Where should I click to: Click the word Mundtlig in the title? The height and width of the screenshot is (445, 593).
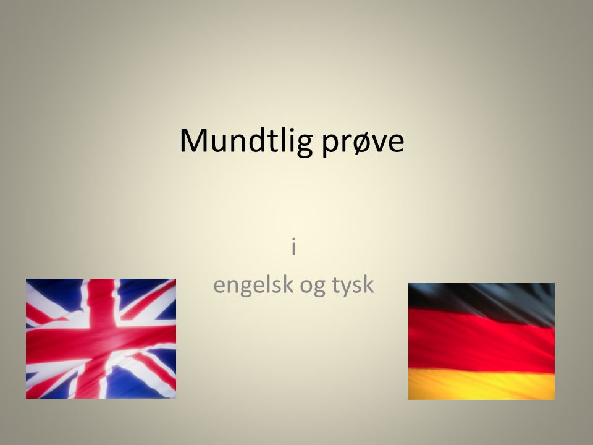(x=246, y=142)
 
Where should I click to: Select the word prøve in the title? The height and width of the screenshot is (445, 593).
(x=363, y=143)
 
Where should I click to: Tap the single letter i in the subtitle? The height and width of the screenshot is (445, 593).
(x=293, y=247)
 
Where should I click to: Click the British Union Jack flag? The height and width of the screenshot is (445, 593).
(x=101, y=339)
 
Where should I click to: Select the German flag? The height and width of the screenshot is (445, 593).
(x=481, y=341)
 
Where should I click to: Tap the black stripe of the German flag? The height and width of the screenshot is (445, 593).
(x=481, y=301)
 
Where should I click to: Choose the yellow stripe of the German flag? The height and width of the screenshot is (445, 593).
(x=481, y=384)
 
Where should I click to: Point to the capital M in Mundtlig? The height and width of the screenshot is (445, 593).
(x=194, y=140)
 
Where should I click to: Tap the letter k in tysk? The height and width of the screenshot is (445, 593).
(x=368, y=284)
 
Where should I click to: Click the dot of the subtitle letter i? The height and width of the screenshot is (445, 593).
(x=293, y=240)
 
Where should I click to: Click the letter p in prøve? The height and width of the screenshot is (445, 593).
(x=329, y=145)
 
